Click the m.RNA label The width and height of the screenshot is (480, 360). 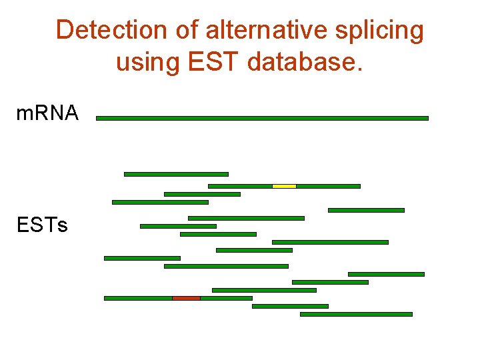click(x=47, y=114)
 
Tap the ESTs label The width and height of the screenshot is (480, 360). click(x=42, y=225)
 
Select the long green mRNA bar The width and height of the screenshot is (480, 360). click(x=262, y=118)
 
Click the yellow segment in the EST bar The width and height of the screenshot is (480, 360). click(x=284, y=186)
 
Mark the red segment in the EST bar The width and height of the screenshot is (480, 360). click(x=186, y=298)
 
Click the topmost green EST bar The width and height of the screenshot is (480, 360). click(x=176, y=174)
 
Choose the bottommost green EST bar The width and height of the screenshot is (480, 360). click(x=356, y=314)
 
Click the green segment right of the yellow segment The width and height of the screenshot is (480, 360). click(x=328, y=186)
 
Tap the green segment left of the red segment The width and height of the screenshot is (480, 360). click(x=138, y=298)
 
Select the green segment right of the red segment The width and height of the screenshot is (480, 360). click(x=226, y=298)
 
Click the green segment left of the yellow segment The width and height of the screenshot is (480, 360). click(x=240, y=186)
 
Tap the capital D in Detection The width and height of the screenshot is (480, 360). click(x=64, y=31)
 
